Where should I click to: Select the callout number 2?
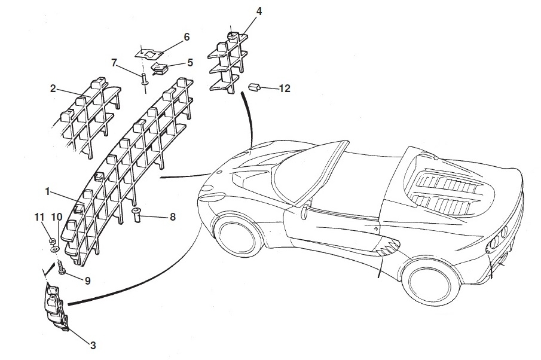tap(53, 89)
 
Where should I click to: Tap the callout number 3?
tap(93, 344)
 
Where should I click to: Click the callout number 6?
tap(187, 37)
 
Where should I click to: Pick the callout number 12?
tap(285, 89)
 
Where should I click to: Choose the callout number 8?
tap(172, 216)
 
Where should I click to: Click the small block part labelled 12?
tap(255, 87)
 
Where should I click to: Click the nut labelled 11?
tap(53, 241)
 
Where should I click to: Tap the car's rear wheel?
tap(427, 282)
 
